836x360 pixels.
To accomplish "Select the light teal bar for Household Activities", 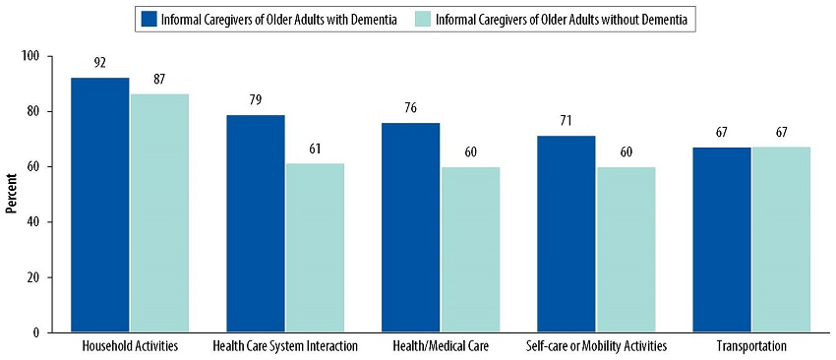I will point(159,212).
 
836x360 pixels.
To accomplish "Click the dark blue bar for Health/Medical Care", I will point(411,227).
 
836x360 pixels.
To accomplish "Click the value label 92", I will point(100,62).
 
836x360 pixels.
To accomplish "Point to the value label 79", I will point(256,98).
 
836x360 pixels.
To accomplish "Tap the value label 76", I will point(411,107).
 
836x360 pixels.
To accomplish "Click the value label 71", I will point(567,121).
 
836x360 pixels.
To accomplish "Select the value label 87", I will point(159,77).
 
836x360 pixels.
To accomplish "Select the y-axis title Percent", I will point(12,195).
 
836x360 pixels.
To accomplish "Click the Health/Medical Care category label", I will point(441,346).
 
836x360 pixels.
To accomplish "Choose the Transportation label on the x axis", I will point(751,346).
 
